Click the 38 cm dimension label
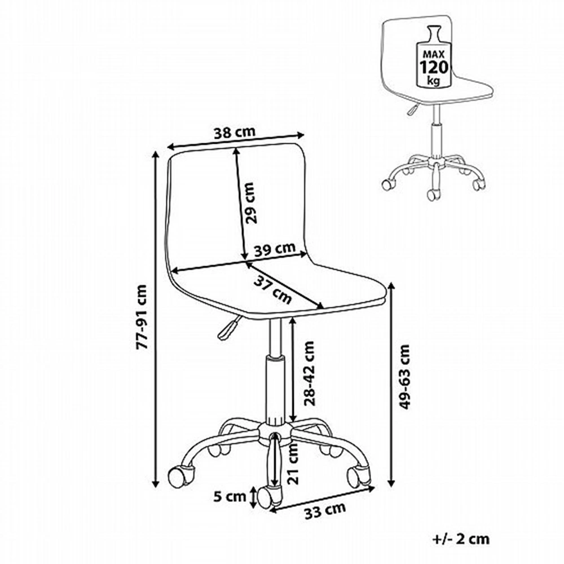[235, 133]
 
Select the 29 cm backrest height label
[251, 203]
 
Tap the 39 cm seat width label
[275, 249]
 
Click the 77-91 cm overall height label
[142, 317]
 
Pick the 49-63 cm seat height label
[404, 377]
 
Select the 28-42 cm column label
[309, 373]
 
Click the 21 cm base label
[294, 463]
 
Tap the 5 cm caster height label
[230, 497]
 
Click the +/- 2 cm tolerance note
[461, 539]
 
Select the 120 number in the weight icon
[434, 67]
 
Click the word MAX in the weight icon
[434, 54]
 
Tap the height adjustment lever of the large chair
[228, 327]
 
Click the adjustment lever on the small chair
[412, 109]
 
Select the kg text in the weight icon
[433, 81]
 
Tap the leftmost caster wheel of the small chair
[387, 184]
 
